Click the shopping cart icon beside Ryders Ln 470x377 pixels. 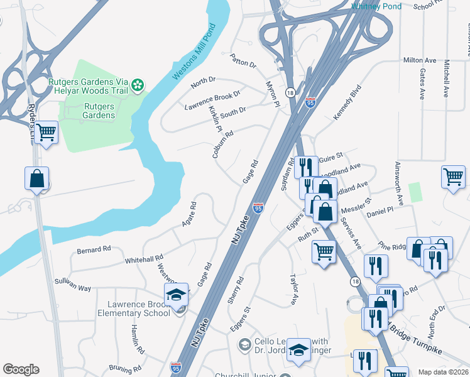click(46, 133)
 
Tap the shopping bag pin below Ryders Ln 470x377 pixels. click(37, 178)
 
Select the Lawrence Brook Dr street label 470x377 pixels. click(212, 99)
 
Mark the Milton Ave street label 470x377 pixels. click(420, 60)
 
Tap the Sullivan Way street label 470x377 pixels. click(72, 284)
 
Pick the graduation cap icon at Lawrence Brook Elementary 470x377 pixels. click(177, 295)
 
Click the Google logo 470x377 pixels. click(21, 369)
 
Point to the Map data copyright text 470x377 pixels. click(443, 372)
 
